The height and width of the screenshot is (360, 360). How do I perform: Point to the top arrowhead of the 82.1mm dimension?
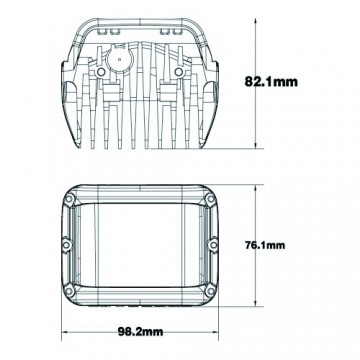[261, 12]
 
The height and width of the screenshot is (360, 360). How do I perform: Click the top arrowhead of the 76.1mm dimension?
[260, 180]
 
